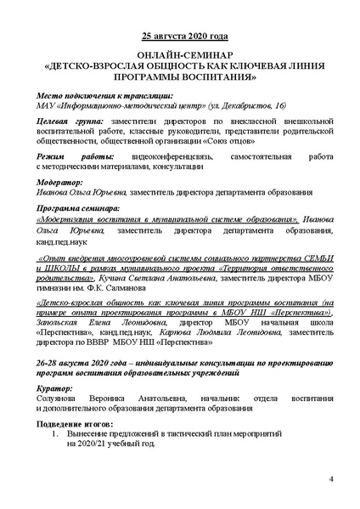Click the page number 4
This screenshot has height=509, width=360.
pyautogui.click(x=331, y=482)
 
